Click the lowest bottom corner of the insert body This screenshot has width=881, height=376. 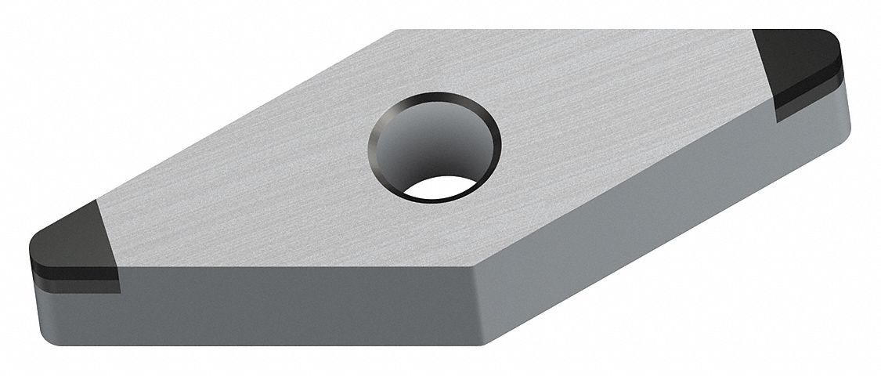(x=478, y=345)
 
